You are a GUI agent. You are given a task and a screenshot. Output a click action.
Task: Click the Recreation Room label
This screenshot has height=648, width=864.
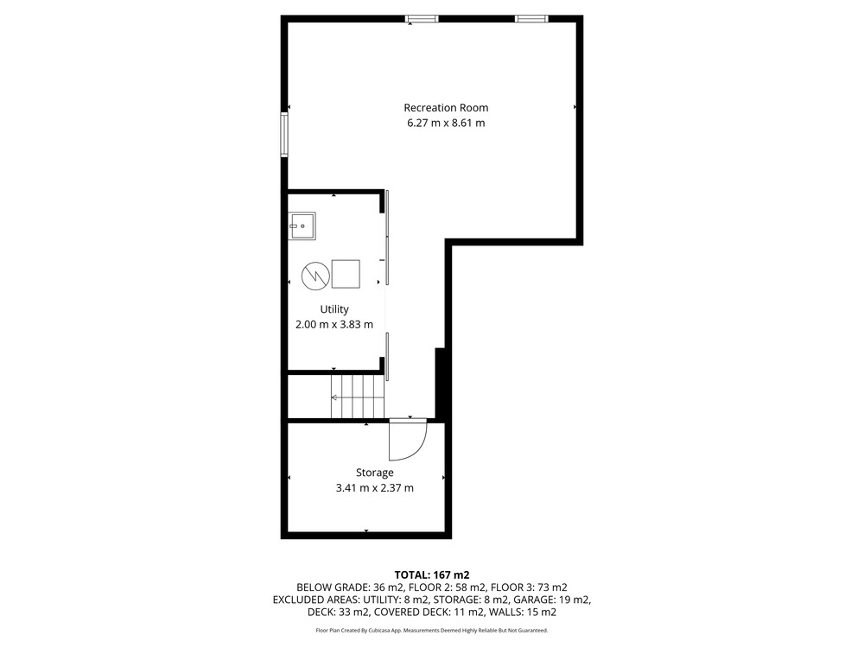(446, 107)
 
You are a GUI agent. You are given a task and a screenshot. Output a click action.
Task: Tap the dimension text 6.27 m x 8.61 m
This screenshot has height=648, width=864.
(446, 123)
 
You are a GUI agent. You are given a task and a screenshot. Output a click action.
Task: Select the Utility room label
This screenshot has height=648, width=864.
(334, 309)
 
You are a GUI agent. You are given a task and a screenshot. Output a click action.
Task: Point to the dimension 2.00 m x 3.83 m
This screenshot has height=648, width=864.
(334, 325)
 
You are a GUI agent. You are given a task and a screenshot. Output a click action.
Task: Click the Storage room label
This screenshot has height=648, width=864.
(375, 473)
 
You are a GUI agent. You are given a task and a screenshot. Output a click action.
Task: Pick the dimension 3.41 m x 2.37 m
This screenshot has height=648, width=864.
(375, 487)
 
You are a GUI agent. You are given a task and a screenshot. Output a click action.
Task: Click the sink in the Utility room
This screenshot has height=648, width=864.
(302, 226)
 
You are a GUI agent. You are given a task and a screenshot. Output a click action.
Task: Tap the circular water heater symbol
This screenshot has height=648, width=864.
(315, 275)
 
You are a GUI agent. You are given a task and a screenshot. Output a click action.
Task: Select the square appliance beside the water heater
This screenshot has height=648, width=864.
(346, 274)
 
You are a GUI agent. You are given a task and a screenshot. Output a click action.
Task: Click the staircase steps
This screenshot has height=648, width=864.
(357, 397)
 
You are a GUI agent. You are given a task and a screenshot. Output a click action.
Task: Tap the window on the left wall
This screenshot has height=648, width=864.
(284, 135)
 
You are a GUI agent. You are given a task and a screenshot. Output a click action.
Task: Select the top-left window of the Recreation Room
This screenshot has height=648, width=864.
(422, 19)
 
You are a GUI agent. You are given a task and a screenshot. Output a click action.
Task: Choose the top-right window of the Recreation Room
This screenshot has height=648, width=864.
(531, 19)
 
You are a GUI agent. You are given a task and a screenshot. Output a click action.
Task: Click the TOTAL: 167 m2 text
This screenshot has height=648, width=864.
(432, 575)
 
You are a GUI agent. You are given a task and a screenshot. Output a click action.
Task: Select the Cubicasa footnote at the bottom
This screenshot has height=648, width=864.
(432, 631)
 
